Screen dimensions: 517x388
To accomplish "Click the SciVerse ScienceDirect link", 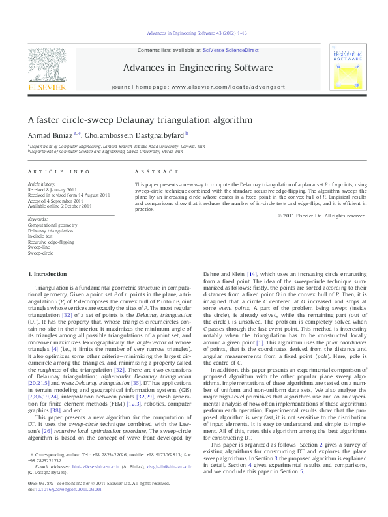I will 231,50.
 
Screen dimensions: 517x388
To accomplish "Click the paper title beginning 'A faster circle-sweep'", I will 121,120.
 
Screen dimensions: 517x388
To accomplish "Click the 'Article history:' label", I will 42,185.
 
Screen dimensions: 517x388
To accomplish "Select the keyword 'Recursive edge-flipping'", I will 52,242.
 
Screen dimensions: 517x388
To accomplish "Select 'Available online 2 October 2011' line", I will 59,206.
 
